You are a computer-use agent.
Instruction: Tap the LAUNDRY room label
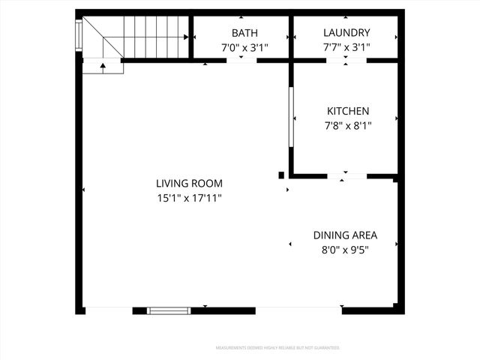(x=346, y=33)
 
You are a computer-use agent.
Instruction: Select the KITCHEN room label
(x=346, y=111)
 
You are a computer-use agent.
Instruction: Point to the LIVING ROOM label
(x=189, y=183)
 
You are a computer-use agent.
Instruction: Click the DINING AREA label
(x=345, y=235)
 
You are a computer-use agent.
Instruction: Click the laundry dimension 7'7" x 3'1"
(x=346, y=47)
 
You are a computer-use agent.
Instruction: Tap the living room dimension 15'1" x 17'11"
(x=189, y=198)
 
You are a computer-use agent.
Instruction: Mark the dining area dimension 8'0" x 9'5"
(x=345, y=249)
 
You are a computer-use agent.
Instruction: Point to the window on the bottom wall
(x=169, y=310)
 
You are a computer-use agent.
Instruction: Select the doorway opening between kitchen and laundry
(x=346, y=61)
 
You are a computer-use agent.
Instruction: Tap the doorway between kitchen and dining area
(x=346, y=177)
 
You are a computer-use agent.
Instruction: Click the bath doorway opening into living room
(x=241, y=61)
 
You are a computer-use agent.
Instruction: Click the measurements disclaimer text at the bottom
(x=277, y=348)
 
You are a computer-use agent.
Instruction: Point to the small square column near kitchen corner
(x=281, y=175)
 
